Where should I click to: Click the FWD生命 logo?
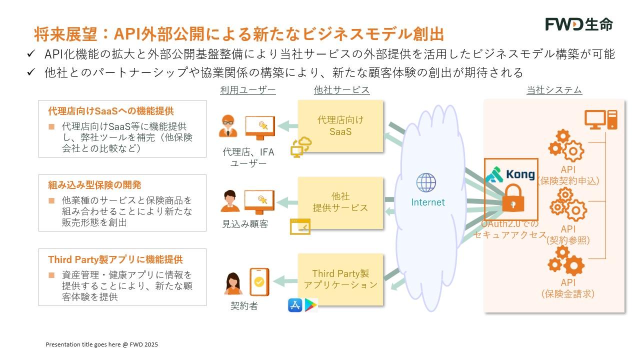pyautogui.click(x=578, y=24)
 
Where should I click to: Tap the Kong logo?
pyautogui.click(x=510, y=174)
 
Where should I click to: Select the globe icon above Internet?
pyautogui.click(x=426, y=182)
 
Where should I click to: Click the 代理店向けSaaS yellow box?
pyautogui.click(x=340, y=126)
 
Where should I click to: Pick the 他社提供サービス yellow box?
pyautogui.click(x=340, y=202)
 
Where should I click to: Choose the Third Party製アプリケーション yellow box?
pyautogui.click(x=340, y=279)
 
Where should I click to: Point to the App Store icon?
pyautogui.click(x=295, y=305)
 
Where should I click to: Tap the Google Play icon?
pyautogui.click(x=310, y=305)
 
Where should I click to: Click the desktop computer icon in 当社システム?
pyautogui.click(x=601, y=120)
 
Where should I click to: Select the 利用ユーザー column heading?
pyautogui.click(x=248, y=90)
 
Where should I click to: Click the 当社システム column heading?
pyautogui.click(x=554, y=90)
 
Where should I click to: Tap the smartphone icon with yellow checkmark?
pyautogui.click(x=259, y=282)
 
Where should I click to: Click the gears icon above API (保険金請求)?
pyautogui.click(x=566, y=261)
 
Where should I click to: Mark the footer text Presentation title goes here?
pyautogui.click(x=102, y=344)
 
